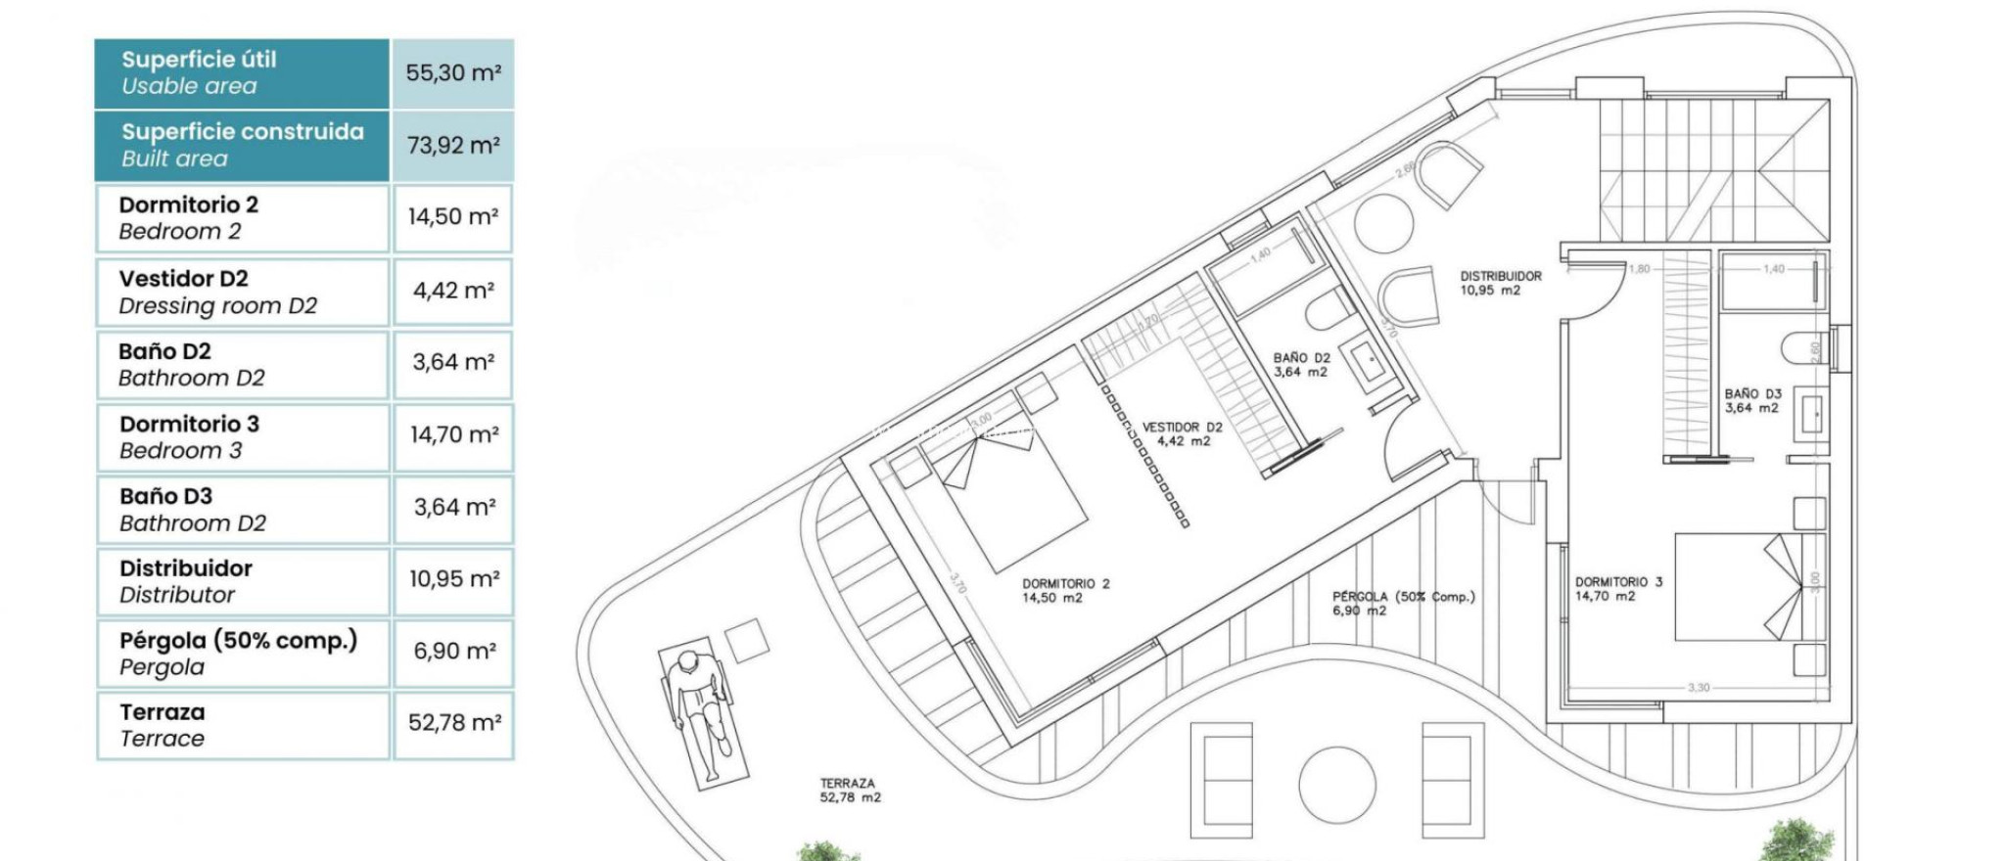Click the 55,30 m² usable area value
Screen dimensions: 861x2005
coord(453,73)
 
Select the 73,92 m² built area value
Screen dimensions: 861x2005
coord(453,146)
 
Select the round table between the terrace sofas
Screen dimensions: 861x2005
coord(1336,786)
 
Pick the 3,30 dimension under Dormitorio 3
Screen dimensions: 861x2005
coord(1699,688)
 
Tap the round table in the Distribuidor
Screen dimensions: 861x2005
coord(1383,224)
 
